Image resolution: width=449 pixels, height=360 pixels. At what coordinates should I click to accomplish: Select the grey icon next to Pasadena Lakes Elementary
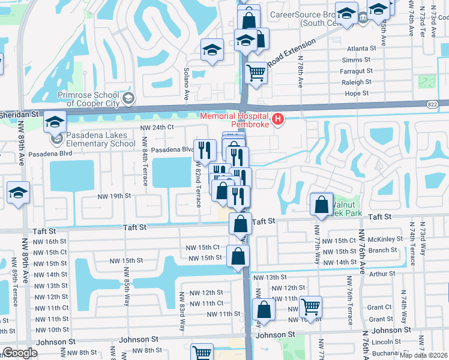click(57, 139)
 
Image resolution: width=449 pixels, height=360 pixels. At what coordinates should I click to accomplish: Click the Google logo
click(20, 353)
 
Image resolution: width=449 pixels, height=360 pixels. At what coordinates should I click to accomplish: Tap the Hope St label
click(357, 94)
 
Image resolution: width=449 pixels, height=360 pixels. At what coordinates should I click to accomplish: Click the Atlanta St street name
click(361, 48)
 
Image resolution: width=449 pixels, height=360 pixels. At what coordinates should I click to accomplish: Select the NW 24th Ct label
click(157, 127)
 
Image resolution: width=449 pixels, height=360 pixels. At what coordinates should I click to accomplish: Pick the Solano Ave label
click(186, 83)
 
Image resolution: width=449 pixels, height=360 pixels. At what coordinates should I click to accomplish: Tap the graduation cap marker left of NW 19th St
click(19, 194)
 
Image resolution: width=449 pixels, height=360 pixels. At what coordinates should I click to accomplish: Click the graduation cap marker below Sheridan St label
click(55, 122)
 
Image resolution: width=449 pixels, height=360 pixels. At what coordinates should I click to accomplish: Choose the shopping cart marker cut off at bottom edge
click(202, 353)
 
